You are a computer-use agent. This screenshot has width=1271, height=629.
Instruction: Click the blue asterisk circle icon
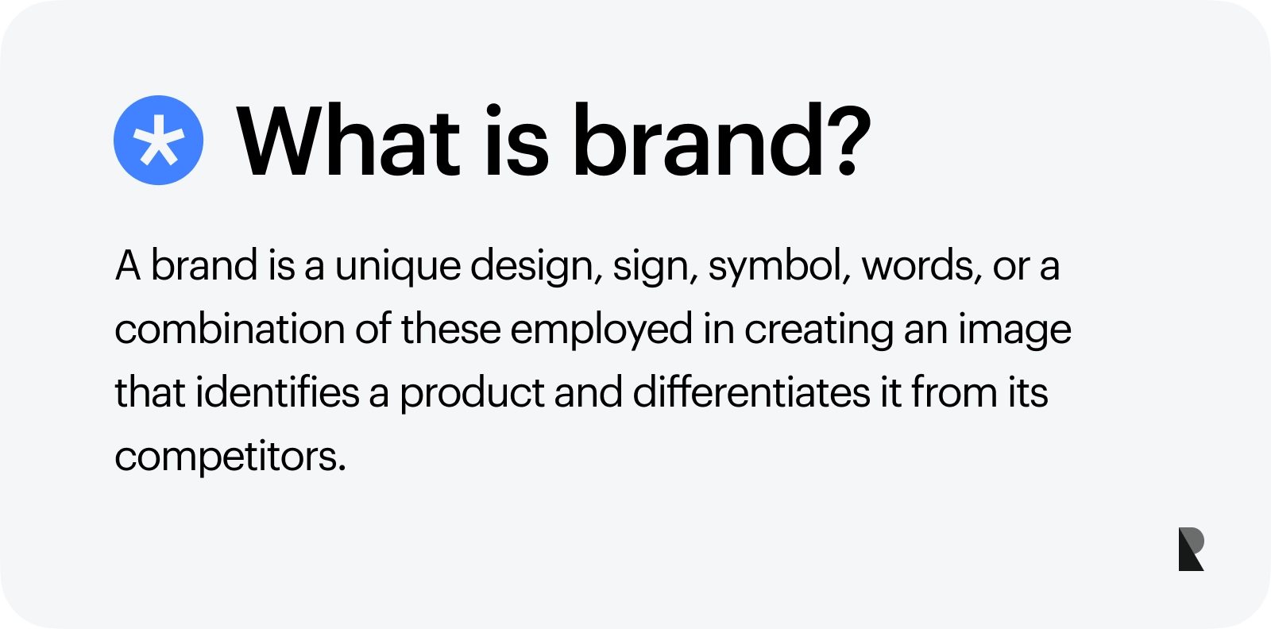[x=158, y=141]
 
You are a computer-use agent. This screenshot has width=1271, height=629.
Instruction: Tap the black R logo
[x=1191, y=549]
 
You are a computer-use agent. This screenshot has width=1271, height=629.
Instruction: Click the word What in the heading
[x=349, y=141]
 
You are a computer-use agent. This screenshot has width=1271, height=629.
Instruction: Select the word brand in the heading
[x=699, y=141]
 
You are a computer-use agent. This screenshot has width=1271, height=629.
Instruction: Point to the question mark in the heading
[x=848, y=141]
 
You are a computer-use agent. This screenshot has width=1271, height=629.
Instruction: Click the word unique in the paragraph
[x=397, y=266]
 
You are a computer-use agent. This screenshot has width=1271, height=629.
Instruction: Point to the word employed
[x=601, y=330]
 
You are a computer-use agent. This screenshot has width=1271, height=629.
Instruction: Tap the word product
[x=471, y=394]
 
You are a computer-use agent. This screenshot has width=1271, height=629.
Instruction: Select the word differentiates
[x=751, y=392]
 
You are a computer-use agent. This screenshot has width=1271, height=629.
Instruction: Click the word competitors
[x=230, y=457]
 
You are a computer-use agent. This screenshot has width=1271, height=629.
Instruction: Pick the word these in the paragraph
[x=450, y=329]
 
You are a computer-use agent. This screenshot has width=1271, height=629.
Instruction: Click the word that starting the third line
[x=150, y=392]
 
